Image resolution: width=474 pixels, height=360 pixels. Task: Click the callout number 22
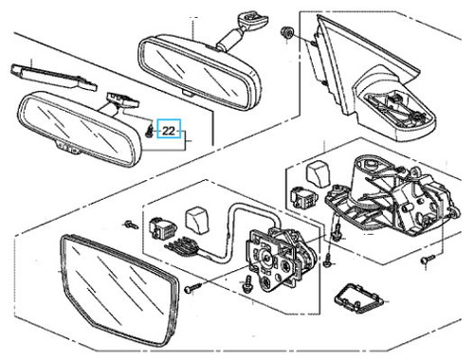point(169,131)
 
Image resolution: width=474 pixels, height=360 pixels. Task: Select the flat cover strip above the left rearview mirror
point(54,77)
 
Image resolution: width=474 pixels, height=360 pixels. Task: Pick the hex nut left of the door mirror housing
point(287,32)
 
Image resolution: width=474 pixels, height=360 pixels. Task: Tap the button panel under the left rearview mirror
point(68,148)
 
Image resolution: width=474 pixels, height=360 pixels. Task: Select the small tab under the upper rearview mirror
point(186,92)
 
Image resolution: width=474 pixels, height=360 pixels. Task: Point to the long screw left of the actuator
point(193,288)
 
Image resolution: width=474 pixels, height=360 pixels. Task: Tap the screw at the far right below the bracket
point(428,260)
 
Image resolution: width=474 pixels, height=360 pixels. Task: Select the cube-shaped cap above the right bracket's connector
point(318,174)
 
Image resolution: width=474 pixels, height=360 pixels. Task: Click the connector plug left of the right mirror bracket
point(300,197)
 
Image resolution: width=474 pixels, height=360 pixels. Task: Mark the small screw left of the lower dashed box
point(131,225)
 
